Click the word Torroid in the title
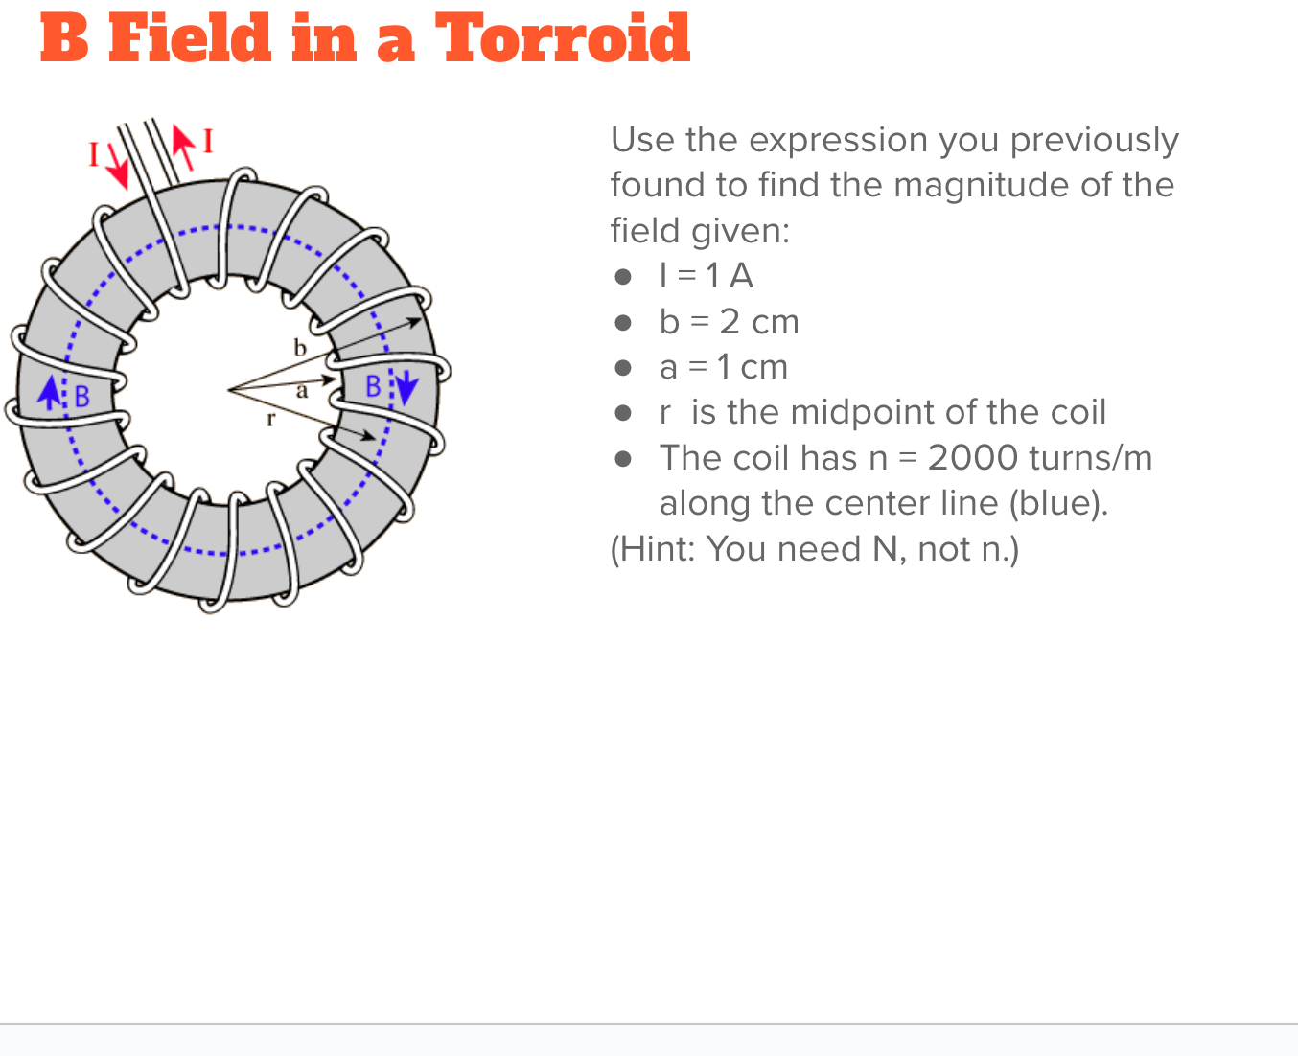tap(563, 39)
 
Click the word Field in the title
tap(191, 39)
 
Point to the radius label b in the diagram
tap(300, 348)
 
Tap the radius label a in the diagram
tap(302, 391)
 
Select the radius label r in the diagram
tap(271, 419)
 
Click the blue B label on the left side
tap(81, 396)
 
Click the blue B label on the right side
tap(374, 386)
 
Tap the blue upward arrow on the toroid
tap(50, 392)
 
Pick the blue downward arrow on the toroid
tap(406, 387)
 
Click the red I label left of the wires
tap(93, 154)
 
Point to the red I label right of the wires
tap(208, 142)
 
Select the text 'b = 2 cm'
tap(729, 322)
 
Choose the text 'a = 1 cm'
tap(723, 367)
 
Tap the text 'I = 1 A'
tap(706, 276)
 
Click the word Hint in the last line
tap(656, 549)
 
